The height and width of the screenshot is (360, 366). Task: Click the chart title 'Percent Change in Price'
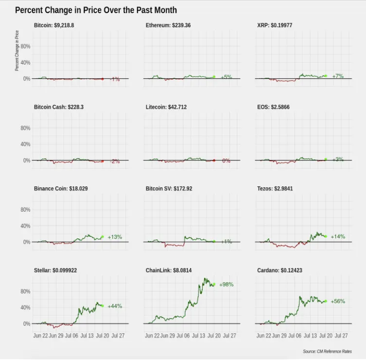click(96, 10)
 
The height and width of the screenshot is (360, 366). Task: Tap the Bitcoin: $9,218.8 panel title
click(57, 25)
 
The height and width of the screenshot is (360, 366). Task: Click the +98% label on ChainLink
click(226, 284)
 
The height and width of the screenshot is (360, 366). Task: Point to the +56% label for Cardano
click(337, 301)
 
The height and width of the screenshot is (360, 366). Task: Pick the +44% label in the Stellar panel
click(115, 306)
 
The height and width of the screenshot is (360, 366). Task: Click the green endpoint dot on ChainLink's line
click(213, 285)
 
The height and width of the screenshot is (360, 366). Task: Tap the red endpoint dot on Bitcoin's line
click(103, 78)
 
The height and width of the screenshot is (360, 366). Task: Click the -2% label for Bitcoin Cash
click(115, 161)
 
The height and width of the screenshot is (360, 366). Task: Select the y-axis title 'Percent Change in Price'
click(17, 50)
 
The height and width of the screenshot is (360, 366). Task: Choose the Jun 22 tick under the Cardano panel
click(264, 335)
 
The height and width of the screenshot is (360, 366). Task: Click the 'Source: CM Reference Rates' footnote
click(327, 351)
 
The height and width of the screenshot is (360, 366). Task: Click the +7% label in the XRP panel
click(338, 76)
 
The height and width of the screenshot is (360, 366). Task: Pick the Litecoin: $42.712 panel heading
click(170, 107)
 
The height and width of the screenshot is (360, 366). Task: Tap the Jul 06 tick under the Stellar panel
click(71, 335)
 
